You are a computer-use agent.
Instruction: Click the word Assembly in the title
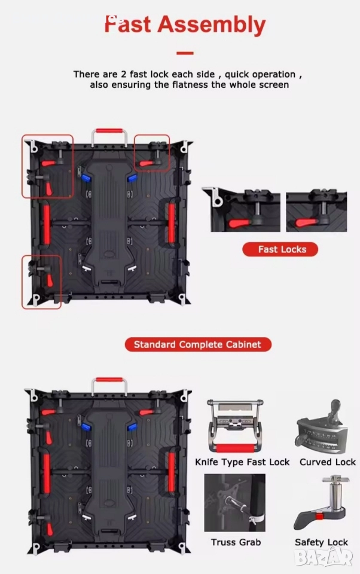[x=211, y=25]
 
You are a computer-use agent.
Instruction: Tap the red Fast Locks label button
[x=280, y=249]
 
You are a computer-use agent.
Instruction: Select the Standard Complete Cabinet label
[x=198, y=344]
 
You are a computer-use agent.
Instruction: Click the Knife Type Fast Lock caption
[x=242, y=462]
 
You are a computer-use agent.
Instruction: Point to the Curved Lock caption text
[x=327, y=462]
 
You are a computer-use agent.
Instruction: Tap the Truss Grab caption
[x=236, y=542]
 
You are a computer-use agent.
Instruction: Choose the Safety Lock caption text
[x=321, y=542]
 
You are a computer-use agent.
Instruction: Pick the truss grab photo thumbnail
[x=235, y=503]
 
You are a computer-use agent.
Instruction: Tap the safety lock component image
[x=322, y=503]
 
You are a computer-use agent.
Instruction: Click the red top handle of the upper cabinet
[x=109, y=131]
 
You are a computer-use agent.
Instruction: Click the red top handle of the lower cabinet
[x=109, y=380]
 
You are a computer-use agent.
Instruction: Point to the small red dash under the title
[x=185, y=53]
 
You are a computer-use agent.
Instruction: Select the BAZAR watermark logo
[x=324, y=558]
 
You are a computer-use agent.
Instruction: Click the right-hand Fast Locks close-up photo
[x=316, y=211]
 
